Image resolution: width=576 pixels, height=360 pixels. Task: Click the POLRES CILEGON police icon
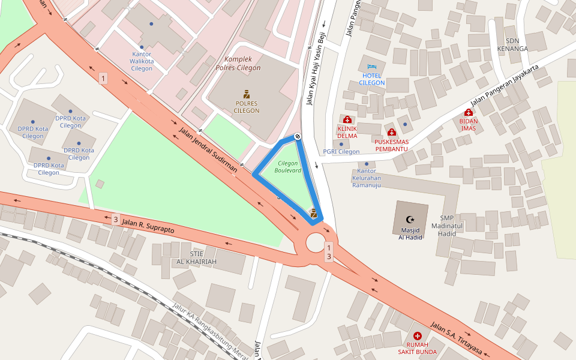[x=247, y=94]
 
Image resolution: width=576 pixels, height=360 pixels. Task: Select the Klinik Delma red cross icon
[x=347, y=120]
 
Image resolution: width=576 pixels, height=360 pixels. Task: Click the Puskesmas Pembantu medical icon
[x=391, y=133]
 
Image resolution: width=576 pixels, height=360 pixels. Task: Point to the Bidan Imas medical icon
[x=468, y=113]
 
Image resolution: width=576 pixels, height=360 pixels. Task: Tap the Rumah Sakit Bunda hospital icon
[x=418, y=335]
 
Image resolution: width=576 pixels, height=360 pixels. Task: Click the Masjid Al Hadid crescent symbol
[x=410, y=220]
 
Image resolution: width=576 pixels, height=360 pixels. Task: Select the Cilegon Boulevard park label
[x=288, y=167]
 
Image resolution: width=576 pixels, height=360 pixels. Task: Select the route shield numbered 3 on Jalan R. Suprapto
[x=115, y=220]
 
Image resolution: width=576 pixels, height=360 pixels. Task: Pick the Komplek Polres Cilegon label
[x=242, y=64]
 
